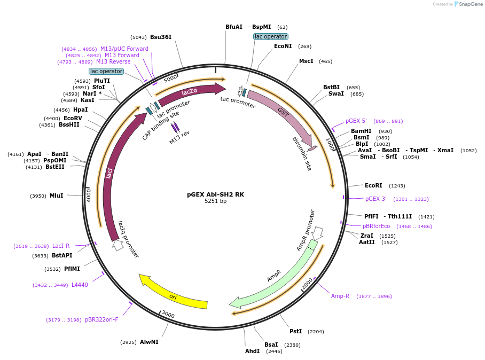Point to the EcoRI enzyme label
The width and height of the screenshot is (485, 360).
pyautogui.click(x=373, y=186)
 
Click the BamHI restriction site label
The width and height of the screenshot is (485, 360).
pyautogui.click(x=361, y=131)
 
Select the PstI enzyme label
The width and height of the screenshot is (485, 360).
pyautogui.click(x=295, y=331)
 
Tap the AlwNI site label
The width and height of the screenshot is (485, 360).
pyautogui.click(x=149, y=342)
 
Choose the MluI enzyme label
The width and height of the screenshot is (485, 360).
pyautogui.click(x=56, y=196)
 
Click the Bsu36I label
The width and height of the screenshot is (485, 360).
pyautogui.click(x=161, y=37)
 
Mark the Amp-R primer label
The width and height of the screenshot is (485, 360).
pyautogui.click(x=340, y=296)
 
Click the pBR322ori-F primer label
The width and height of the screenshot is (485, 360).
pyautogui.click(x=101, y=320)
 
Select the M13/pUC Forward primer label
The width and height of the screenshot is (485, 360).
pyautogui.click(x=124, y=49)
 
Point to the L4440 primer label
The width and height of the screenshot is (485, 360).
pyautogui.click(x=80, y=285)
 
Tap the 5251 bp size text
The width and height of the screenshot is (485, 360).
pyautogui.click(x=215, y=201)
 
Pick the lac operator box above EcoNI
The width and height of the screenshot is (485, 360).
pyautogui.click(x=270, y=37)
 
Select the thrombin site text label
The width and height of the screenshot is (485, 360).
pyautogui.click(x=302, y=153)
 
